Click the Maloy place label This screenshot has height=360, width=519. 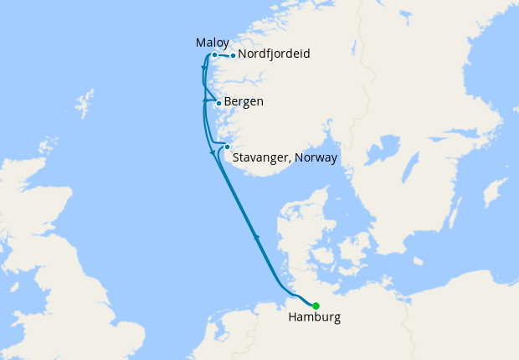pos(212,42)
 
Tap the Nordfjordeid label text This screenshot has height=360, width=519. pos(274,54)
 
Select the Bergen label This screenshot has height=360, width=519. pos(244,102)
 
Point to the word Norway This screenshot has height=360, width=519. pos(316,157)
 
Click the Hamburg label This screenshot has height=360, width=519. pos(314,318)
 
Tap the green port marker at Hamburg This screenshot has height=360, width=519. pos(316,305)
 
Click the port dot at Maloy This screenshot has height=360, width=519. pos(215,54)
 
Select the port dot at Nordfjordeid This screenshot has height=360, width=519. pos(233,56)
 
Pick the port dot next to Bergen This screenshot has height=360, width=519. pos(218,103)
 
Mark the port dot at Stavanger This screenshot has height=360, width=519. pos(226,147)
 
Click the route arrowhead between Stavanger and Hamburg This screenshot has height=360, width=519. pos(256,239)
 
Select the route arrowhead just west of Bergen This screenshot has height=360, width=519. pos(205,100)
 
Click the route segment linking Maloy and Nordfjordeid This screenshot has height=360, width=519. pos(224,56)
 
